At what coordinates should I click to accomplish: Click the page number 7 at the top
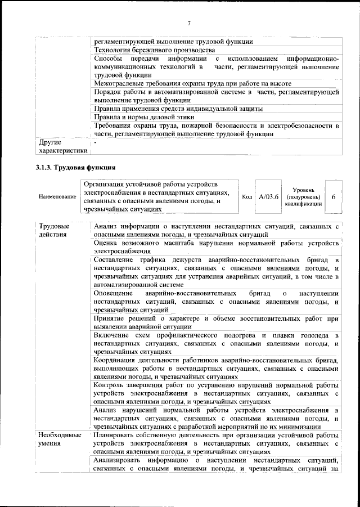tap(190, 23)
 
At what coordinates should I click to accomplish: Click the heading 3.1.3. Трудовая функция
tap(75, 167)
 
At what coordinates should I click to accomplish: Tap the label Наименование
tap(58, 197)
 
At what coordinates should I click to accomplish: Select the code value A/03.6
tap(268, 196)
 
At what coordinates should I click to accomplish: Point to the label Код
tap(246, 196)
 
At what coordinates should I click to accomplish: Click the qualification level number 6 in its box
tap(334, 196)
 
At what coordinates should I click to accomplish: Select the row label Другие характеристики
tap(61, 146)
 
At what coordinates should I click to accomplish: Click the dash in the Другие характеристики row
tap(96, 143)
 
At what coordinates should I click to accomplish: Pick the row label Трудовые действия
tap(53, 230)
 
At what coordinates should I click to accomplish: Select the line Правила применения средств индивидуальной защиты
tap(178, 108)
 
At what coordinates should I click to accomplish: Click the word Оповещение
tap(114, 294)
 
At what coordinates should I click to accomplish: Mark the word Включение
tap(112, 335)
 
